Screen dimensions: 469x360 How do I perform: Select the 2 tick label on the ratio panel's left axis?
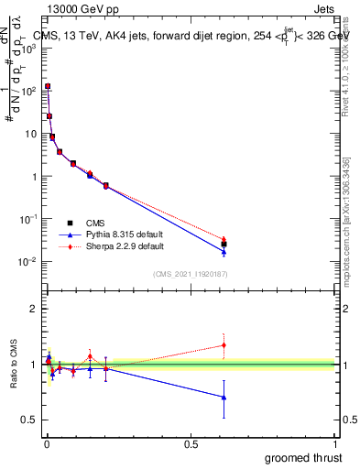pos(34,309)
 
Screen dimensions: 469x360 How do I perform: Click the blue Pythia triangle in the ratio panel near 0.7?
pos(224,398)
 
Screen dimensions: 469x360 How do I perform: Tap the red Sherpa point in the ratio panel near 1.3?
pos(224,345)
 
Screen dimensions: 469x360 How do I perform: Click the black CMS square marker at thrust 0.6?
pos(224,244)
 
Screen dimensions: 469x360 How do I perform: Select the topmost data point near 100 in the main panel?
pos(48,86)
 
